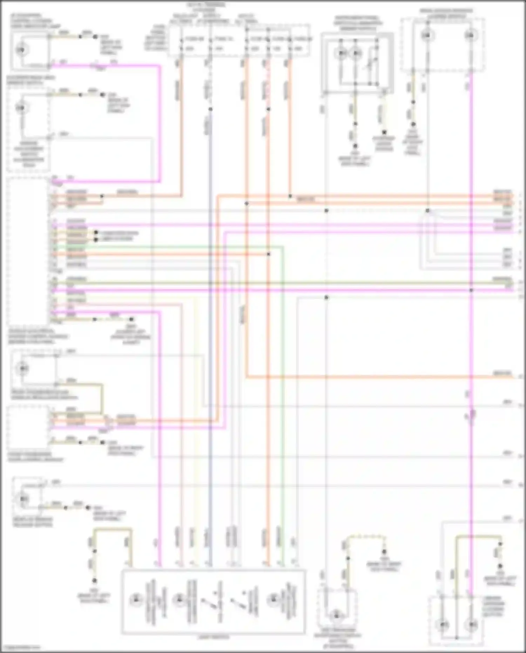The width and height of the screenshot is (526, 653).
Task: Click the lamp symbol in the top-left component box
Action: click(x=21, y=50)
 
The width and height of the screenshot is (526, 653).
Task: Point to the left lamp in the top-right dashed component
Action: click(x=427, y=35)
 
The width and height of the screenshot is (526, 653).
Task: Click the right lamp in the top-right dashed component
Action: click(x=471, y=35)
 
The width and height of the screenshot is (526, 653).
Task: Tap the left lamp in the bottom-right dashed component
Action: click(x=443, y=625)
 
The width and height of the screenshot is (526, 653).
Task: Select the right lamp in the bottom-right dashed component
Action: click(x=472, y=625)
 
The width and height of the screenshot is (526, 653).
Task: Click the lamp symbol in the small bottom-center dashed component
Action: click(x=336, y=615)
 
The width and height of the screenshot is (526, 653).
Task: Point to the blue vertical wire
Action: click(x=210, y=351)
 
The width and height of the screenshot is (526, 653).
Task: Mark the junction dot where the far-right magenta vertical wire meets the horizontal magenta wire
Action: click(x=471, y=290)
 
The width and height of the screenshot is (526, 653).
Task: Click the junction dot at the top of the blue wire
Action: click(x=210, y=109)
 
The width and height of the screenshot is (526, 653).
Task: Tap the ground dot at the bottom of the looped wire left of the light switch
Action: click(x=94, y=580)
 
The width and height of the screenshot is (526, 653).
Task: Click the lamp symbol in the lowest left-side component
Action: click(x=23, y=499)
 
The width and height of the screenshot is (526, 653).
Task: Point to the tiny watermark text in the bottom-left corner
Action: click(x=21, y=647)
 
